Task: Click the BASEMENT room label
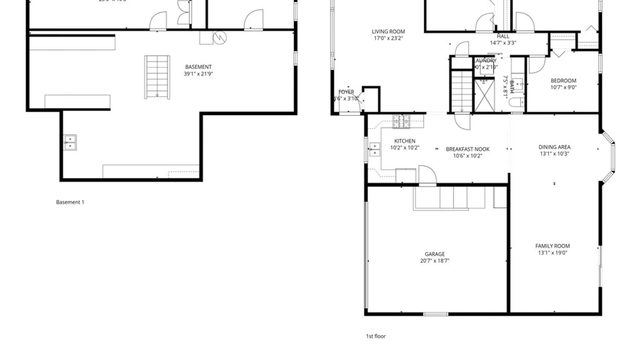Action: (x=198, y=67)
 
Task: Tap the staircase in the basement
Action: (x=157, y=77)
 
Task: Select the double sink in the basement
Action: (x=70, y=142)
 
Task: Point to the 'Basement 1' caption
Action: (x=70, y=202)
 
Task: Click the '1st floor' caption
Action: (x=376, y=336)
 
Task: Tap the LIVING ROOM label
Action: (x=388, y=32)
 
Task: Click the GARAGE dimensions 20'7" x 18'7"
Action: (x=435, y=261)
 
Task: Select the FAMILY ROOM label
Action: (x=552, y=246)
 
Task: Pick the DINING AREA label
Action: (x=554, y=147)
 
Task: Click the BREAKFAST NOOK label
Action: (x=468, y=149)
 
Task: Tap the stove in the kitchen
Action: (x=401, y=122)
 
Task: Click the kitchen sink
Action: (x=375, y=149)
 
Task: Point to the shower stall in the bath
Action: (x=484, y=95)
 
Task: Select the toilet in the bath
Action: (x=516, y=102)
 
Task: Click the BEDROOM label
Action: (x=563, y=81)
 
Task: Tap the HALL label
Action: (x=503, y=36)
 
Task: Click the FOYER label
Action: (x=346, y=92)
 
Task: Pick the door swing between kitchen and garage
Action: (x=427, y=174)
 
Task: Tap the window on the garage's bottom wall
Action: (x=436, y=314)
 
